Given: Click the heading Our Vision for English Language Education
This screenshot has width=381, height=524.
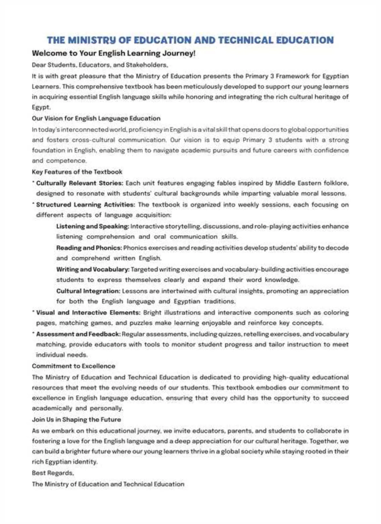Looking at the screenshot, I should coord(96,118).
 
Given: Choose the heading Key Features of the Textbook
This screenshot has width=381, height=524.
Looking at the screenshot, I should coord(77,172).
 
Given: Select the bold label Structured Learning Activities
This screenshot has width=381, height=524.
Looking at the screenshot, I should coord(85,205).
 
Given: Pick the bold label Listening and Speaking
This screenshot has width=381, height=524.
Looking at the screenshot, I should coord(92,226).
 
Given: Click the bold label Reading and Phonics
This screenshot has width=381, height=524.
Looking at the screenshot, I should coord(89,248).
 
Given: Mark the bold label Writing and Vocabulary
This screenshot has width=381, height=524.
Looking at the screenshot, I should coord(93,269).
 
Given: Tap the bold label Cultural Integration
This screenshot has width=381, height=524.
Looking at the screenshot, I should coord(88,291).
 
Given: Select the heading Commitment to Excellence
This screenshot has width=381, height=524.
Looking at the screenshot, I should coord(73,366).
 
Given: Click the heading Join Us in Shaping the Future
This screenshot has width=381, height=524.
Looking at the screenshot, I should coord(76,419).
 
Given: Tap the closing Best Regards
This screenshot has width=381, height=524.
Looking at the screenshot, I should coord(53,473).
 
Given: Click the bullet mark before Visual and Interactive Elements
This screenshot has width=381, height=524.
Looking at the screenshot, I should coord(34,312).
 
